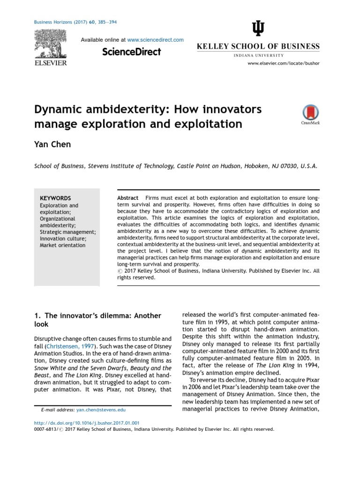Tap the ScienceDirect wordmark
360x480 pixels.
(x=132, y=52)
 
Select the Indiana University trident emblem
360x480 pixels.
(x=258, y=30)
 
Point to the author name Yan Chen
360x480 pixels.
(x=52, y=144)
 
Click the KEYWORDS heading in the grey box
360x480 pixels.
(x=55, y=198)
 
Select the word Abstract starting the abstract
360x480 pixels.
(x=127, y=198)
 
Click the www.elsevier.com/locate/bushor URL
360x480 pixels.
(x=283, y=63)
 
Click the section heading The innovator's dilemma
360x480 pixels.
(x=98, y=315)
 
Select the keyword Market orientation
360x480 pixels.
(x=62, y=245)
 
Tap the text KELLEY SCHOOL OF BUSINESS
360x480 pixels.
(x=258, y=46)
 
